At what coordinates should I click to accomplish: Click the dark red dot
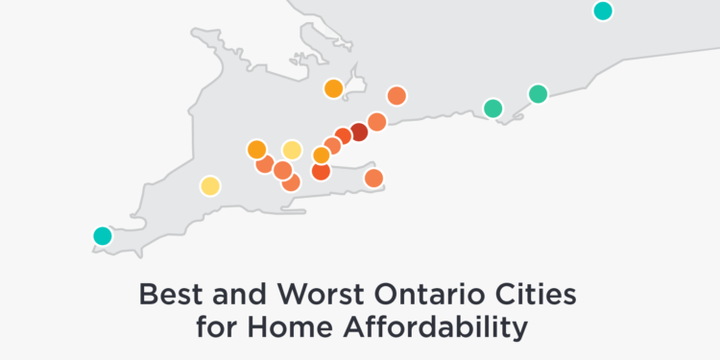click(x=359, y=132)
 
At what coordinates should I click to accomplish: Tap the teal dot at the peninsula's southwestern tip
click(x=103, y=236)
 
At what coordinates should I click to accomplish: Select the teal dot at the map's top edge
click(x=603, y=11)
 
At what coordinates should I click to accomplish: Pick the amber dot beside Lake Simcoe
click(x=334, y=88)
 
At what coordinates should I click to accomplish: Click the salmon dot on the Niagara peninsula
click(x=373, y=179)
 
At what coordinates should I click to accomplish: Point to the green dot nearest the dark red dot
click(x=493, y=108)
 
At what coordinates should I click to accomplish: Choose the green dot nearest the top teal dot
click(x=539, y=94)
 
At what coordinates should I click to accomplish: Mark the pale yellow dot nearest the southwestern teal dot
click(x=210, y=186)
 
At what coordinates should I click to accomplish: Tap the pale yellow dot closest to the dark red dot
click(x=292, y=150)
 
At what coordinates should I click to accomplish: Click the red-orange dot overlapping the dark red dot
click(x=342, y=136)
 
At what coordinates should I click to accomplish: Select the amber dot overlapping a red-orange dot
click(x=322, y=156)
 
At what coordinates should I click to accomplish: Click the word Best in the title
click(x=171, y=295)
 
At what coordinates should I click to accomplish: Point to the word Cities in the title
click(x=539, y=295)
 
